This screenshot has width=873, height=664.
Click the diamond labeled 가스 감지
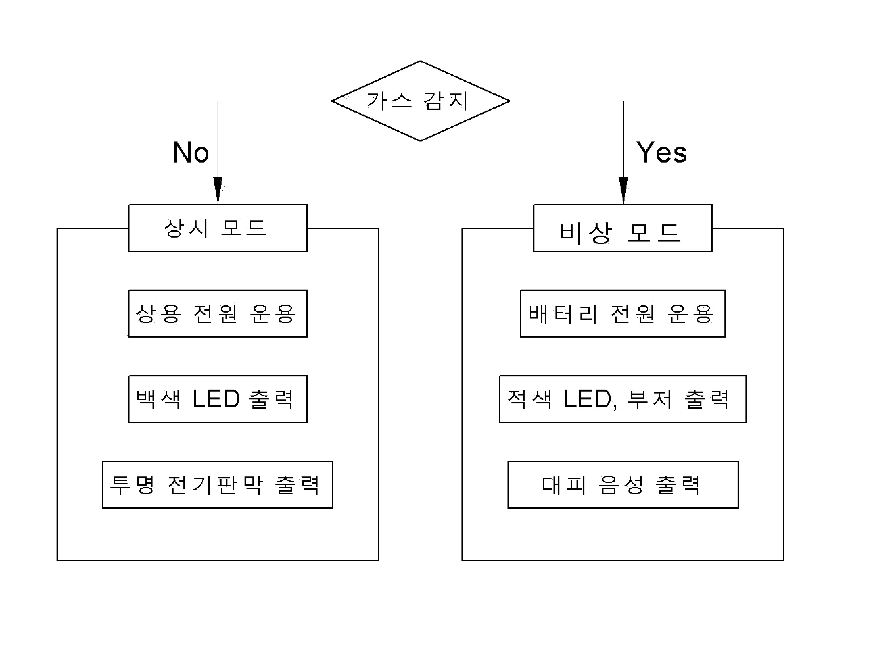pyautogui.click(x=421, y=101)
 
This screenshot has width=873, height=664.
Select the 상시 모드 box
pyautogui.click(x=218, y=228)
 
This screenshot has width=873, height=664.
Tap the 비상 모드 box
pyautogui.click(x=623, y=228)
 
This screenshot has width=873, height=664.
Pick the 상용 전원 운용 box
pyautogui.click(x=218, y=313)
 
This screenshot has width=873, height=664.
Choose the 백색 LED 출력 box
pyautogui.click(x=218, y=399)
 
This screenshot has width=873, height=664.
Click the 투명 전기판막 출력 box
pyautogui.click(x=218, y=485)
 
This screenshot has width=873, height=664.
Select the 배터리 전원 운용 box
pyautogui.click(x=623, y=313)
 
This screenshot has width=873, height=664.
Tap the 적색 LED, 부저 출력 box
pyautogui.click(x=623, y=399)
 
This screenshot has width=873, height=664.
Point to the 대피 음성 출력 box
pyautogui.click(x=623, y=485)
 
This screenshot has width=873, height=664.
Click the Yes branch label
pyautogui.click(x=661, y=152)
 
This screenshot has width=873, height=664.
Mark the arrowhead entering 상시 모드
pyautogui.click(x=218, y=190)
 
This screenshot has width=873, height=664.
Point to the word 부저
pyautogui.click(x=649, y=399)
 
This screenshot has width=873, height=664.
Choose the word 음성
pyautogui.click(x=621, y=485)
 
